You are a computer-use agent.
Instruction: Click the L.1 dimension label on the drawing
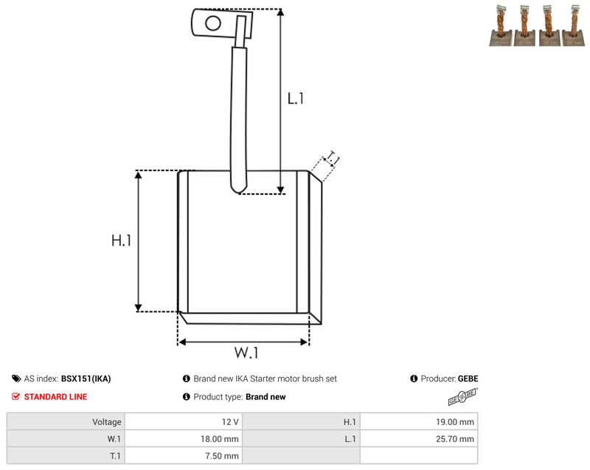pyautogui.click(x=296, y=99)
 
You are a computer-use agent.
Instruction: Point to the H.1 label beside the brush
pyautogui.click(x=121, y=241)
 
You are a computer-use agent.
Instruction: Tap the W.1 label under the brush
pyautogui.click(x=246, y=353)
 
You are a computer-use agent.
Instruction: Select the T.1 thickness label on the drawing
pyautogui.click(x=333, y=158)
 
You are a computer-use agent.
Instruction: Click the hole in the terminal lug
pyautogui.click(x=213, y=23)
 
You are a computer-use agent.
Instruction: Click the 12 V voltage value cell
pyautogui.click(x=184, y=422)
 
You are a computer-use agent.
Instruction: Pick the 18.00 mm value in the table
pyautogui.click(x=184, y=439)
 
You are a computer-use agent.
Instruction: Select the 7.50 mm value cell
pyautogui.click(x=184, y=456)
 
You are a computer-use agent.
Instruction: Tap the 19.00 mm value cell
pyautogui.click(x=419, y=422)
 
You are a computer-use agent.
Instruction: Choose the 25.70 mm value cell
pyautogui.click(x=419, y=439)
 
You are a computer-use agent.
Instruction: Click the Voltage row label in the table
pyautogui.click(x=107, y=422)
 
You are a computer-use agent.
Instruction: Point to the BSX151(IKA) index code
pyautogui.click(x=86, y=379)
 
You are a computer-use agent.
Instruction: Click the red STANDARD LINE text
pyautogui.click(x=56, y=397)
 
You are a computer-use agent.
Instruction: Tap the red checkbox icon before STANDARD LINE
pyautogui.click(x=15, y=397)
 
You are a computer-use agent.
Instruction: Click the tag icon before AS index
pyautogui.click(x=16, y=379)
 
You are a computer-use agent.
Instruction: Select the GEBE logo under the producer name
pyautogui.click(x=463, y=397)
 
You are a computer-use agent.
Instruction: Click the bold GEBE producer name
pyautogui.click(x=468, y=379)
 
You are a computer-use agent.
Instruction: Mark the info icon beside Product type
pyautogui.click(x=187, y=397)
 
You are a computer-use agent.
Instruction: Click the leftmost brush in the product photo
pyautogui.click(x=501, y=26)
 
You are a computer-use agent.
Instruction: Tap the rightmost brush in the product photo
pyautogui.click(x=574, y=26)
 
